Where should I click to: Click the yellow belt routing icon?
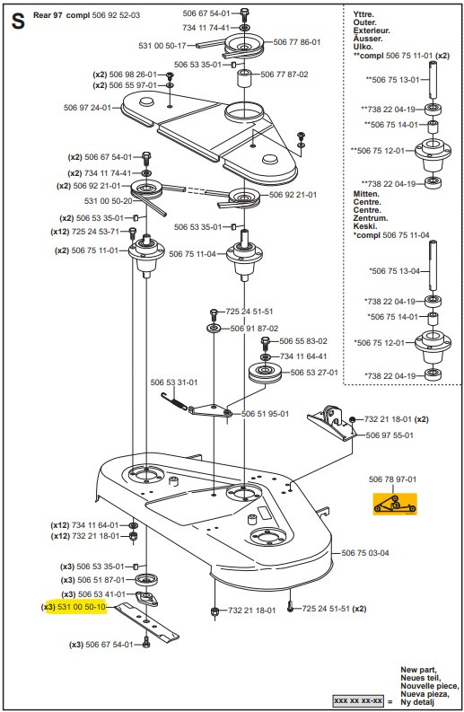tap(394, 505)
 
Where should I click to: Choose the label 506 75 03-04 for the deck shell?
tap(365, 553)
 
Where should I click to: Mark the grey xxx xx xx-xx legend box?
tap(359, 699)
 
